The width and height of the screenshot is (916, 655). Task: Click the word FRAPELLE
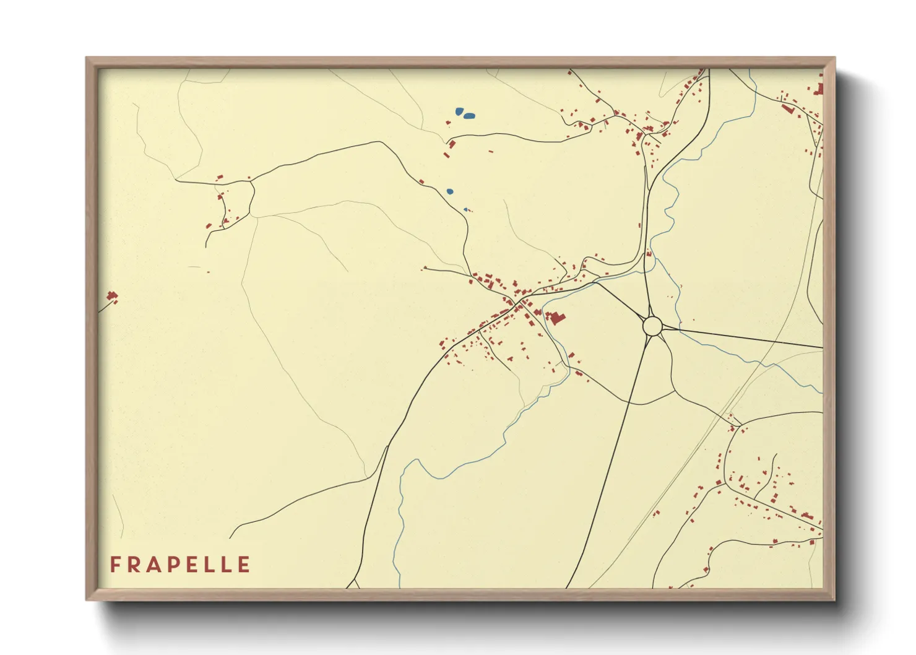180,565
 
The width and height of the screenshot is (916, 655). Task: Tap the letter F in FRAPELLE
115,565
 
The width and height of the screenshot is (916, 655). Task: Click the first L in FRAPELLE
209,565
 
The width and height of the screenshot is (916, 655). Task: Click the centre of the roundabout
652,326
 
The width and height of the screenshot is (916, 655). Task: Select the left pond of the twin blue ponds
459,112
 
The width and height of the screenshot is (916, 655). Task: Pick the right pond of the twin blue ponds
470,116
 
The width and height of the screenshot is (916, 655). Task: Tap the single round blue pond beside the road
450,191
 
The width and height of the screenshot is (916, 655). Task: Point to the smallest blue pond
465,209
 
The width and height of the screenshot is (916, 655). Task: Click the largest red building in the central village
557,318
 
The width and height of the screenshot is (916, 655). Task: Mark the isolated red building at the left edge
112,297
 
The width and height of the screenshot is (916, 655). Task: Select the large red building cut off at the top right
819,89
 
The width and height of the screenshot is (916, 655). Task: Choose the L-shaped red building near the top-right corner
788,108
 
